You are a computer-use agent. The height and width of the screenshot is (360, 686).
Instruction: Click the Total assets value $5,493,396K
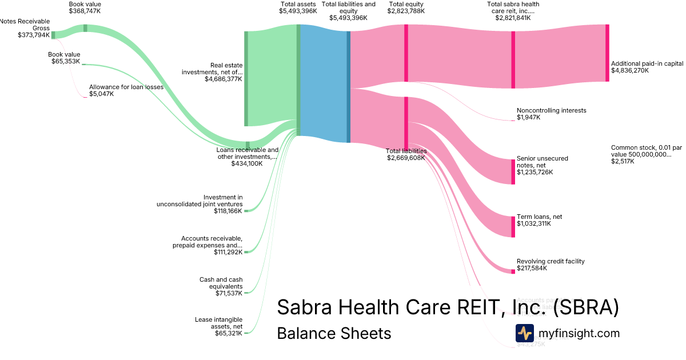coord(298,11)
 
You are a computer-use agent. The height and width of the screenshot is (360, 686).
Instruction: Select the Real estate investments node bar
coord(246,78)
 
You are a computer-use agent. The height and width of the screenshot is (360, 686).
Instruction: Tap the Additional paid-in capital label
coord(647,63)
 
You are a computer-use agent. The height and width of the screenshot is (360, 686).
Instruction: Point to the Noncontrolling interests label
coord(551,110)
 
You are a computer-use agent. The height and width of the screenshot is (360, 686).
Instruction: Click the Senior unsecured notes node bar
coord(513,171)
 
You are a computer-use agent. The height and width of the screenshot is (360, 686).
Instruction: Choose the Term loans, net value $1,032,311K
coord(534,224)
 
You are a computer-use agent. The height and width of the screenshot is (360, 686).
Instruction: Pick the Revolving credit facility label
coord(551,261)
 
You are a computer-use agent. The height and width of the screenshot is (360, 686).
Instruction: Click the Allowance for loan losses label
coord(126,87)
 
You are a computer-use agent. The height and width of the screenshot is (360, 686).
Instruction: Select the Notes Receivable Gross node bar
coord(53,35)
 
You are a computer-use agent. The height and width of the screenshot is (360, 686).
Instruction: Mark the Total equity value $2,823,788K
coord(406,11)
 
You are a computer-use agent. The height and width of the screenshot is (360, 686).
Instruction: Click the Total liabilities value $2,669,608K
coord(406,158)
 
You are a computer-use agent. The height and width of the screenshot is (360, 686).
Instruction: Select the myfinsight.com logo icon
coord(524,333)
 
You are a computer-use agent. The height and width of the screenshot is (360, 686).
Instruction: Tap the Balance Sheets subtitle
coord(334,333)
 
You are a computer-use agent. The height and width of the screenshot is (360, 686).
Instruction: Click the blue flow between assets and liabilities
coord(323,83)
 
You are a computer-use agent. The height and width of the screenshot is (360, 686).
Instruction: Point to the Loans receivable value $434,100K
coord(247,163)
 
